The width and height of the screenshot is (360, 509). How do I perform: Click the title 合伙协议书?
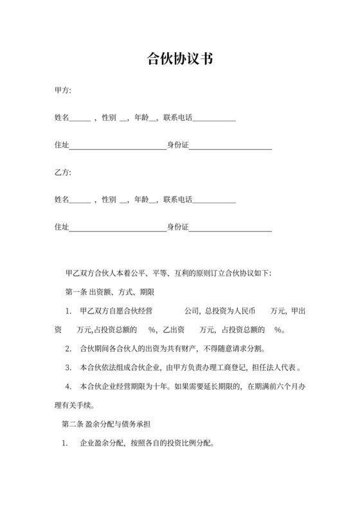[180, 60]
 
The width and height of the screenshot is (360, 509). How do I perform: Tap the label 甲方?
[63, 90]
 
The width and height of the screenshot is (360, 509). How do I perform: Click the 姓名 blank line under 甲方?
[80, 120]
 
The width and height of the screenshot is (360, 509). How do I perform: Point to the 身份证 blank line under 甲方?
[230, 149]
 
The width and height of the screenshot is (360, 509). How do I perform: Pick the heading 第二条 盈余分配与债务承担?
[105, 424]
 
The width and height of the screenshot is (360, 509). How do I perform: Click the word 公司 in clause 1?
[192, 311]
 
